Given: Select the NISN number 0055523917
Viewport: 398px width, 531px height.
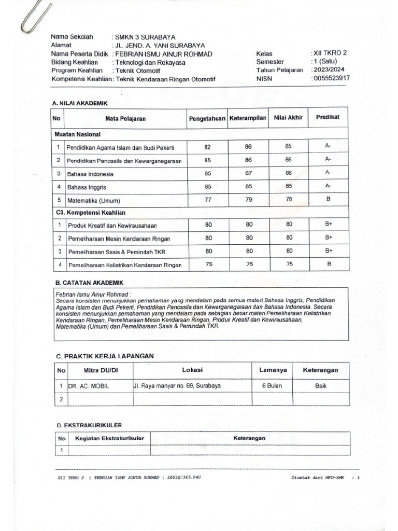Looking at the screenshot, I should (x=331, y=78).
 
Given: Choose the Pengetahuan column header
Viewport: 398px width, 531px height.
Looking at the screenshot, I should (x=207, y=119).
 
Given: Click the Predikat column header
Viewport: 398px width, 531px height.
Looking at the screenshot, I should (x=328, y=118).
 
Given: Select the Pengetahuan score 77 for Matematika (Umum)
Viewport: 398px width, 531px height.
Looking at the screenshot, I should (x=208, y=200).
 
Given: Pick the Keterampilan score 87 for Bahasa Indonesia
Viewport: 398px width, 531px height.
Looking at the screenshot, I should (x=249, y=173).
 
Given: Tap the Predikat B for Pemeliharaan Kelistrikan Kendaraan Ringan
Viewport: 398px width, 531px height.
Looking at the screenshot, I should (x=328, y=264).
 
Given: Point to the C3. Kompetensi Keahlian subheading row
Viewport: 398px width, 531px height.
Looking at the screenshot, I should (x=91, y=213).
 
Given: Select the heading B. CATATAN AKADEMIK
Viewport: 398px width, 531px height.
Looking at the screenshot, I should (x=89, y=283).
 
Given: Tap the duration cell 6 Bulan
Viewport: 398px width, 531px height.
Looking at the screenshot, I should (x=271, y=386).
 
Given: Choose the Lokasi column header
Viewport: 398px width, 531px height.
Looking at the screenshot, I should (x=192, y=370).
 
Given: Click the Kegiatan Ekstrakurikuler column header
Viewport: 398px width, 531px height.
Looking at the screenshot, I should (x=109, y=438).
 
